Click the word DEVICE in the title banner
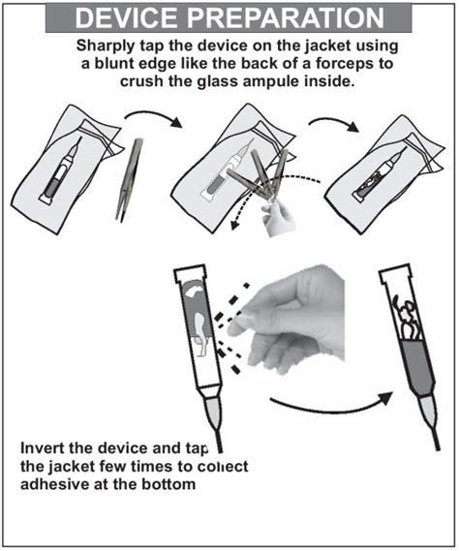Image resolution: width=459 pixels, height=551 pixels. pyautogui.click(x=126, y=18)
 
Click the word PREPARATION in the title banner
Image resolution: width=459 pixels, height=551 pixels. pyautogui.click(x=285, y=18)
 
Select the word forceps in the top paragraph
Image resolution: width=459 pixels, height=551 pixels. pyautogui.click(x=346, y=64)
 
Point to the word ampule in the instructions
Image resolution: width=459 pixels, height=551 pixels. pyautogui.click(x=269, y=82)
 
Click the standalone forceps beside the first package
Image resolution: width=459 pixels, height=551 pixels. pyautogui.click(x=130, y=179)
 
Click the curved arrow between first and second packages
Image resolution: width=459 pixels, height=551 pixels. pyautogui.click(x=154, y=117)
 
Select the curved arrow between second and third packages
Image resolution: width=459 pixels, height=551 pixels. pyautogui.click(x=334, y=124)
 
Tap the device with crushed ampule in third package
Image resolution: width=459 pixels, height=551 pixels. pyautogui.click(x=379, y=175)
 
